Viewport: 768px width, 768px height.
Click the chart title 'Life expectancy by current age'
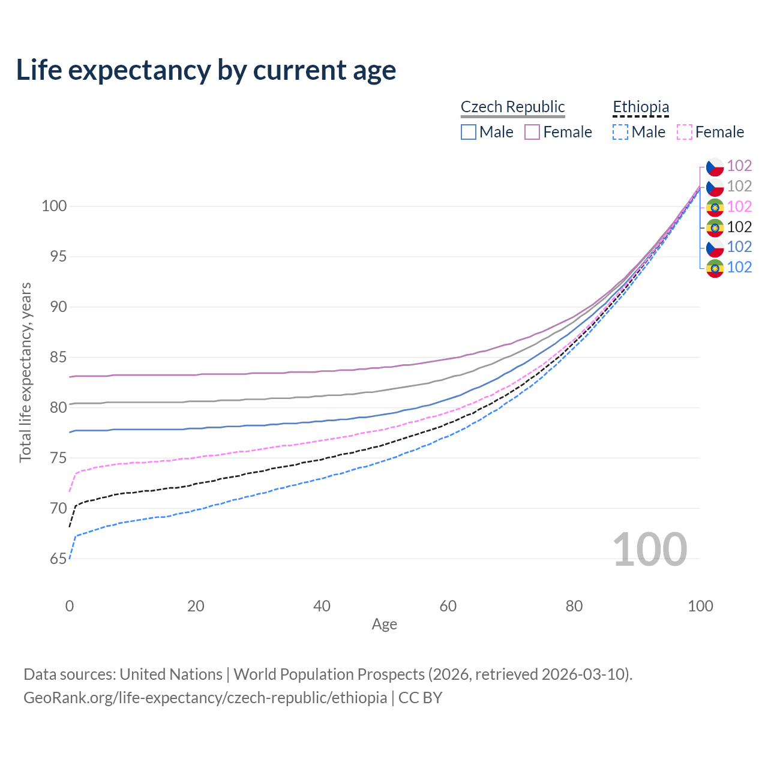click(206, 70)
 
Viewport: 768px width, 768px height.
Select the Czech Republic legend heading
click(512, 107)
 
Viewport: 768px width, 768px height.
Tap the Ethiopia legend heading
click(641, 107)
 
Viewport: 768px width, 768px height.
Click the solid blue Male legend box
click(469, 132)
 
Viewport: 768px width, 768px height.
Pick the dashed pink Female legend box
click(685, 132)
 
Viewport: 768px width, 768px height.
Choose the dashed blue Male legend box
click(620, 132)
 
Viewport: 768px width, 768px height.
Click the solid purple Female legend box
click(532, 132)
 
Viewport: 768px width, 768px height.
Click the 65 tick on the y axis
click(58, 559)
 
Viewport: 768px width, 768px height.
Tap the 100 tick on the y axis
click(54, 206)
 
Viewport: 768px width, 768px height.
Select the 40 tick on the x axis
click(322, 606)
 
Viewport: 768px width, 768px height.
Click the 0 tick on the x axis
click(70, 606)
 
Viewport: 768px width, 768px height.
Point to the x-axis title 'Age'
click(384, 624)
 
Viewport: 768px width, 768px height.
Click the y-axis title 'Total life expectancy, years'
click(25, 373)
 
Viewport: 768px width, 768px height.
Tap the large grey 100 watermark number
click(649, 549)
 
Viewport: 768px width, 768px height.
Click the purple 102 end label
click(739, 166)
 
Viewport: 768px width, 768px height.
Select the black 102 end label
click(739, 227)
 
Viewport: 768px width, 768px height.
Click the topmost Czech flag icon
click(715, 167)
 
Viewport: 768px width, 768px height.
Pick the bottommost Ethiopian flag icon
click(715, 268)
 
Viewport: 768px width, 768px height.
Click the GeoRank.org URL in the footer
click(205, 698)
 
